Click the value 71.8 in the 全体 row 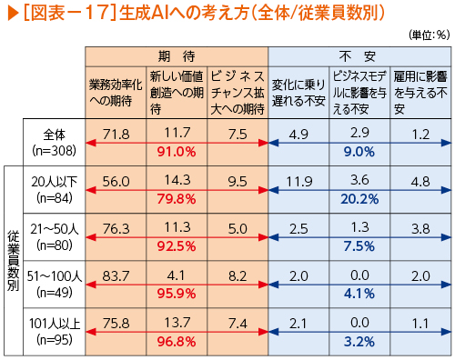coord(116,135)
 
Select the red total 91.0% coord(177,152)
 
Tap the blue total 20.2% coord(359,199)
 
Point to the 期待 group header coord(177,56)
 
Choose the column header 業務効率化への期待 coord(116,93)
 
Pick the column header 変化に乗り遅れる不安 coord(298,93)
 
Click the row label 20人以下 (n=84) coord(55,190)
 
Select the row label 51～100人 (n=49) coord(55,285)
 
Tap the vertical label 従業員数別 coord(14,261)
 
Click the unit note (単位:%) coord(429,35)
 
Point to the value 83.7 coord(116,276)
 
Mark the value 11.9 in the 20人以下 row coord(298,182)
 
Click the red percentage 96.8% coord(177,342)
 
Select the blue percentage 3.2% coord(359,342)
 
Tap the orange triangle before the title coord(14,14)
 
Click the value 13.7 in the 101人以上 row coord(177,322)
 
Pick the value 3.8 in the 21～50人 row coord(420,229)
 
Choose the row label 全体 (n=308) coord(55,143)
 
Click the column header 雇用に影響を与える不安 coord(420,93)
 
